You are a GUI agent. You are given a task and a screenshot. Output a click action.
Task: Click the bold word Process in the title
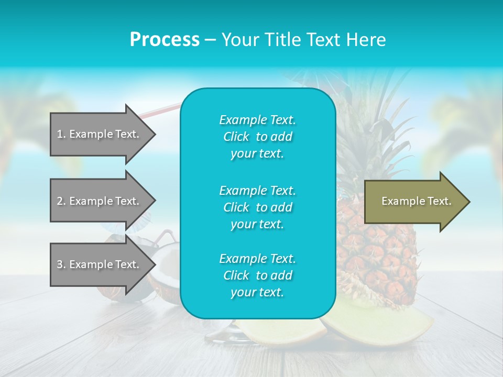point(165,40)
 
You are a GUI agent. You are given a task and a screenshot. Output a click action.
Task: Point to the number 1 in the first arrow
point(59,134)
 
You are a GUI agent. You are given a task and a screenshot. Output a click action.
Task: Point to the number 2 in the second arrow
point(59,201)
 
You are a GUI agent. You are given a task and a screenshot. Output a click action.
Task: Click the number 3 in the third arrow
point(59,264)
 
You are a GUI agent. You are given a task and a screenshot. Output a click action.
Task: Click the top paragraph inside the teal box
point(257,137)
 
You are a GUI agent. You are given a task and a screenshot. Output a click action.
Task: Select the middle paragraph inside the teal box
point(257,207)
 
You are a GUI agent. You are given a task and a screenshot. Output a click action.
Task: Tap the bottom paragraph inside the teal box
point(257,275)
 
